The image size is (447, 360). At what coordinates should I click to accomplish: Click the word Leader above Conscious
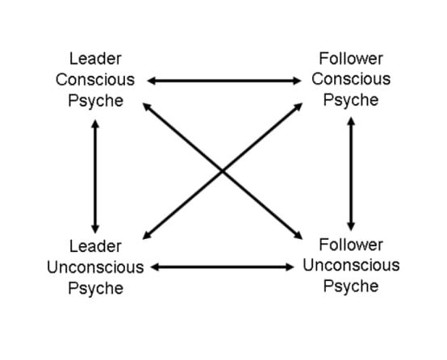pyautogui.click(x=95, y=59)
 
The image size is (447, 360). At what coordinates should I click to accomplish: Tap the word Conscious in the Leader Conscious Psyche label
pyautogui.click(x=95, y=80)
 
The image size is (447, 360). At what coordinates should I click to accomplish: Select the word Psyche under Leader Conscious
pyautogui.click(x=96, y=101)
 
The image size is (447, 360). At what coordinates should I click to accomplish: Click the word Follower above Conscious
pyautogui.click(x=351, y=58)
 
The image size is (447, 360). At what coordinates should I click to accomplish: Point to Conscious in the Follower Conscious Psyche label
pyautogui.click(x=351, y=79)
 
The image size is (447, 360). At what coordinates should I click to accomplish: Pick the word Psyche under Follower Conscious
pyautogui.click(x=351, y=100)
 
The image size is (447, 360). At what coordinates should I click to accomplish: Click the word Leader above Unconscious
pyautogui.click(x=95, y=246)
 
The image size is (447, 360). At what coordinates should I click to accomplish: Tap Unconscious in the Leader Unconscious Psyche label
pyautogui.click(x=95, y=267)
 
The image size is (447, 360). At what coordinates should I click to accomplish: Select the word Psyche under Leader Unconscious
pyautogui.click(x=96, y=288)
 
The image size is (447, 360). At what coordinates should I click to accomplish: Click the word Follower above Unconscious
pyautogui.click(x=351, y=245)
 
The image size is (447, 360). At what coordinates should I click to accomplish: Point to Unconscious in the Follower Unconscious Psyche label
pyautogui.click(x=351, y=266)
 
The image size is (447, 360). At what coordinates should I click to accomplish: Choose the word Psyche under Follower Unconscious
pyautogui.click(x=351, y=287)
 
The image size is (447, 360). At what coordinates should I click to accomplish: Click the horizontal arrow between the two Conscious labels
pyautogui.click(x=224, y=81)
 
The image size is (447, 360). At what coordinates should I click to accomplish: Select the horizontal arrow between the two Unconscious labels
pyautogui.click(x=223, y=267)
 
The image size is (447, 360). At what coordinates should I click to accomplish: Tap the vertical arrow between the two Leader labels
pyautogui.click(x=95, y=177)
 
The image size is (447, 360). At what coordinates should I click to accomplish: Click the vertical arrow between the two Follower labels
pyautogui.click(x=351, y=174)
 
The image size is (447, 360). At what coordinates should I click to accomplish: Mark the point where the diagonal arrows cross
pyautogui.click(x=223, y=171)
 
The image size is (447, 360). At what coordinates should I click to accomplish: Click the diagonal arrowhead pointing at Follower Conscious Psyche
pyautogui.click(x=298, y=107)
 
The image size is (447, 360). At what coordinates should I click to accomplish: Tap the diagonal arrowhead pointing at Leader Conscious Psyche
pyautogui.click(x=147, y=107)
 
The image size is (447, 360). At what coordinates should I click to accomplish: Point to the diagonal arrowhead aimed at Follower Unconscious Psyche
pyautogui.click(x=298, y=236)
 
